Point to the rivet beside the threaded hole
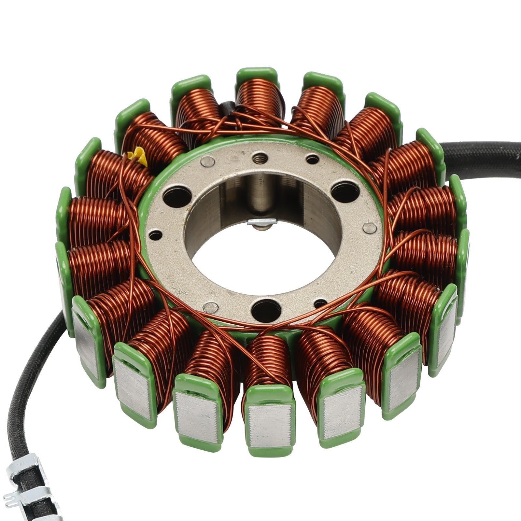coord(208,161)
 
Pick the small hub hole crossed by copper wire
coord(321,303)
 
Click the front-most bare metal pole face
coord(270,426)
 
